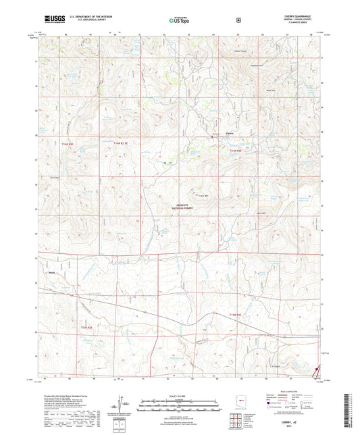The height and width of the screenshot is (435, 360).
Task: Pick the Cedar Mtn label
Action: (200, 196)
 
